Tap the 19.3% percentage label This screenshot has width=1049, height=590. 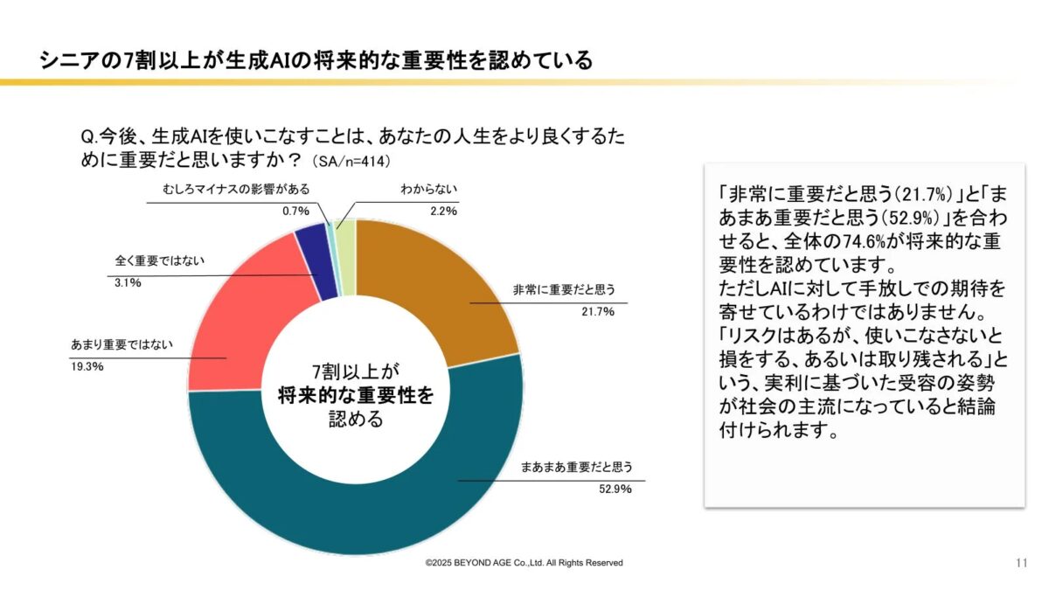pyautogui.click(x=87, y=366)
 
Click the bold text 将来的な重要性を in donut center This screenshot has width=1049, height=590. pyautogui.click(x=355, y=394)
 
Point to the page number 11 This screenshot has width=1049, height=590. pyautogui.click(x=1021, y=562)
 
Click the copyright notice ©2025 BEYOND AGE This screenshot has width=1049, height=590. pyautogui.click(x=524, y=563)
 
